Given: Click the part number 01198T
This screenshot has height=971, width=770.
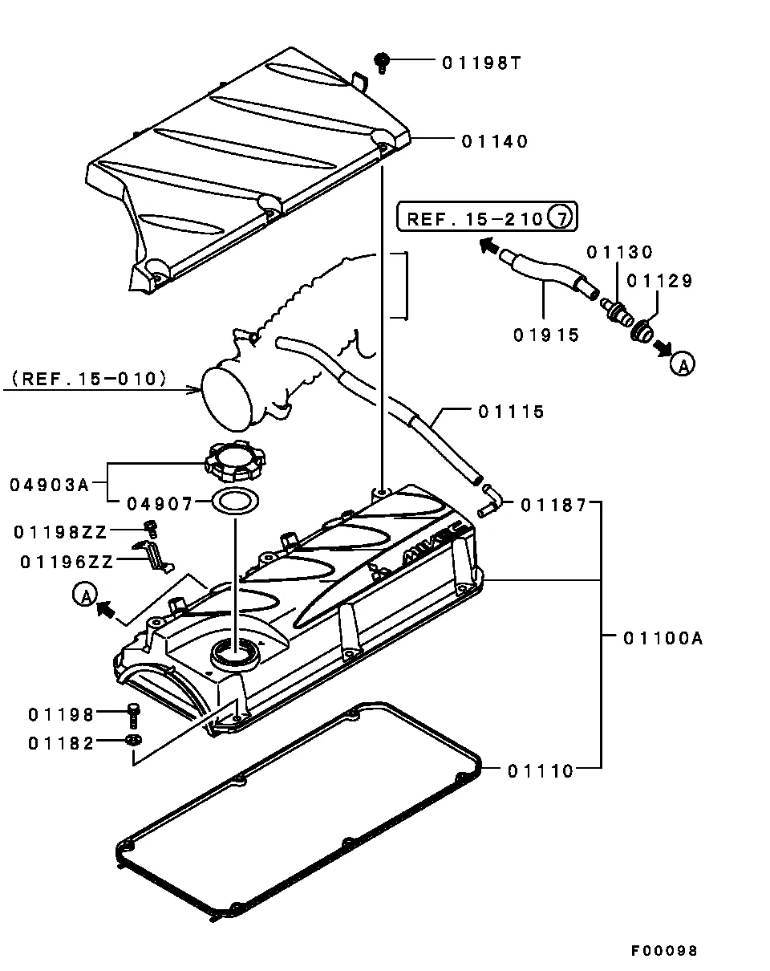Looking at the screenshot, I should pos(481,62).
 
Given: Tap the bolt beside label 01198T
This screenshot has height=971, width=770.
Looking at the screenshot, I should pos(383,60).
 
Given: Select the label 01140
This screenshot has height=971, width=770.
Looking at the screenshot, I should pos(494,141).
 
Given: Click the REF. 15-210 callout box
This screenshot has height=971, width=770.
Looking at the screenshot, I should pos(487,217).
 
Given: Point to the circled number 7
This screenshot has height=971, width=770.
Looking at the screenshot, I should pos(560,217).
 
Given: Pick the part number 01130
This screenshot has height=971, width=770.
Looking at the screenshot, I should pos(619,252).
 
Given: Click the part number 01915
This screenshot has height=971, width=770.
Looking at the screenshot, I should pos(546,335).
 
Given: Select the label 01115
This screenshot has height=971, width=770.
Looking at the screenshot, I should pos(511,412).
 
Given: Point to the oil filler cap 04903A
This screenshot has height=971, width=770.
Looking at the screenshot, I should pos(233,461).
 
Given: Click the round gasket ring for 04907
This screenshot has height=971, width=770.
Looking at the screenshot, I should pos(235,502).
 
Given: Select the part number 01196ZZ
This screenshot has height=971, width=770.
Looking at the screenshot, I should pos(67,562).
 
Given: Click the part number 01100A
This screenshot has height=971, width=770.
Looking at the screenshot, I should pos(663,638).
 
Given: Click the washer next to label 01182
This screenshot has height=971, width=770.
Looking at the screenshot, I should pos(132,739).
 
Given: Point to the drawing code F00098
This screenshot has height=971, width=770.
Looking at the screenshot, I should pos(663,951).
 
